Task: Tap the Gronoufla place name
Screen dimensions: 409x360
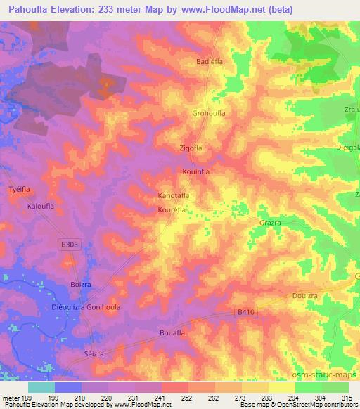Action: [208, 112]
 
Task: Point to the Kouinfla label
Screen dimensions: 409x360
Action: [197, 171]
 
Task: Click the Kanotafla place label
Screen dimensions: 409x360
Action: [174, 196]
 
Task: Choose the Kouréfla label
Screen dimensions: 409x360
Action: [172, 209]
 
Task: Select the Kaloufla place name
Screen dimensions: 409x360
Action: [41, 207]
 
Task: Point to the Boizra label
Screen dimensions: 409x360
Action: [81, 285]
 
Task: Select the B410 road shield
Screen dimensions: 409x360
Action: [244, 311]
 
